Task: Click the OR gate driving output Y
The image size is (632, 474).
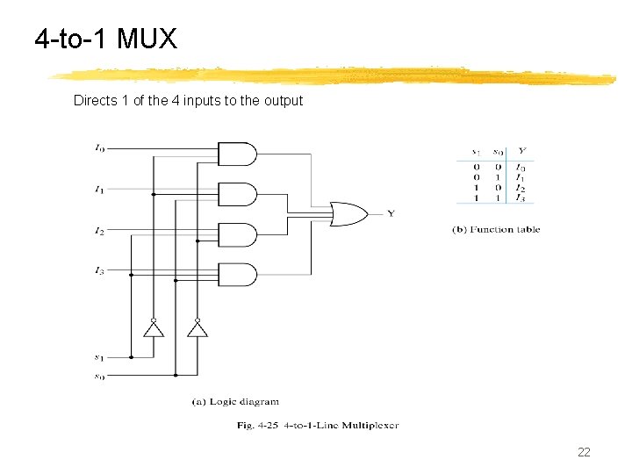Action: point(348,213)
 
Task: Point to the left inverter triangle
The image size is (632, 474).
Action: point(153,329)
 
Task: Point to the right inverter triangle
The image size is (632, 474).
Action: point(197,329)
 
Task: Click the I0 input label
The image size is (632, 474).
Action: point(99,148)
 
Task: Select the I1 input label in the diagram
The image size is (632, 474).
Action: point(99,189)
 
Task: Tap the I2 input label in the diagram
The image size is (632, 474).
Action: point(99,232)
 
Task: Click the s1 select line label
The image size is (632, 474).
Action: point(99,357)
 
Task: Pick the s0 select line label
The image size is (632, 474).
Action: point(99,377)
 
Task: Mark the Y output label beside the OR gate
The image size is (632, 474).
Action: point(391,213)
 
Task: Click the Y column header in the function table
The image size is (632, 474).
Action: point(521,151)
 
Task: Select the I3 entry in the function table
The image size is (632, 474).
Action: point(521,198)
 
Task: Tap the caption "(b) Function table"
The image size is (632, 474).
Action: point(496,230)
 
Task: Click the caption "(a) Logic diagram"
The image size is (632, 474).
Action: point(235,402)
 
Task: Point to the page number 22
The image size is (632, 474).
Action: point(584,452)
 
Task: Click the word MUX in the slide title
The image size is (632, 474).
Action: point(147,39)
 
